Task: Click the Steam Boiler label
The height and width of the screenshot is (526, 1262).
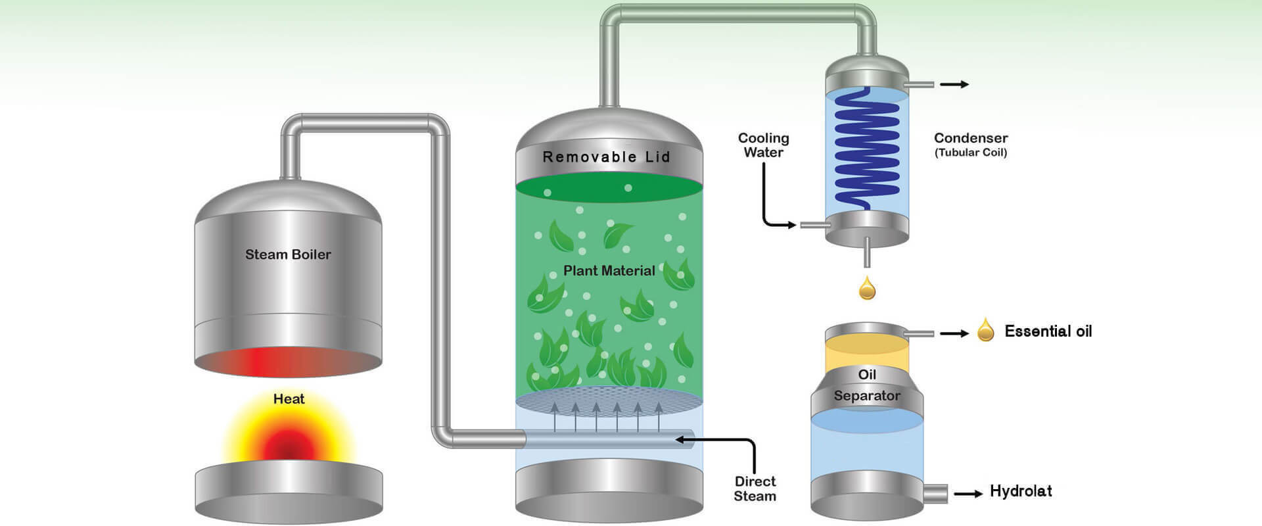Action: coord(288,254)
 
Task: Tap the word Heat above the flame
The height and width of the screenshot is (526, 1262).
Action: coord(289,399)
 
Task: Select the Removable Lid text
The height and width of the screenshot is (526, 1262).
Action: coord(606,157)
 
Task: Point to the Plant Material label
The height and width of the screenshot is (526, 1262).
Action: coord(609,270)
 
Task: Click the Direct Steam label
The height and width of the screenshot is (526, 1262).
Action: coord(755,489)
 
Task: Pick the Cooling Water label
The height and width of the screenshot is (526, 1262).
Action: coord(763,145)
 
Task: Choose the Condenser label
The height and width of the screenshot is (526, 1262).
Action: coord(970,138)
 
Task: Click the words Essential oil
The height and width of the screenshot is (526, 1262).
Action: coord(1048,331)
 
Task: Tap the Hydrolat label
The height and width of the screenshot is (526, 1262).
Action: coord(1021,491)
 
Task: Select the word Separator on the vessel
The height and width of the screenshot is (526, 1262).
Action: coord(867,396)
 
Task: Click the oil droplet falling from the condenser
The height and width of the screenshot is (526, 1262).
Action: coord(868,289)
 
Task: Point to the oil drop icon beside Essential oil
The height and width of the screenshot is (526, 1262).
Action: coord(985,330)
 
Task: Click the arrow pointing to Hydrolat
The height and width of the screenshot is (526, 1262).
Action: coord(968,493)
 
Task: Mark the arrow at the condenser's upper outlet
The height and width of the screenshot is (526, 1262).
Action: coord(954,84)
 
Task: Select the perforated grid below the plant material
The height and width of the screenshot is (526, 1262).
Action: coord(609,400)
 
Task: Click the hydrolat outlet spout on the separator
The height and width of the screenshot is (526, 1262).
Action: coord(936,493)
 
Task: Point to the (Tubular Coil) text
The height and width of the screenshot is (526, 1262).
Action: coord(970,153)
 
